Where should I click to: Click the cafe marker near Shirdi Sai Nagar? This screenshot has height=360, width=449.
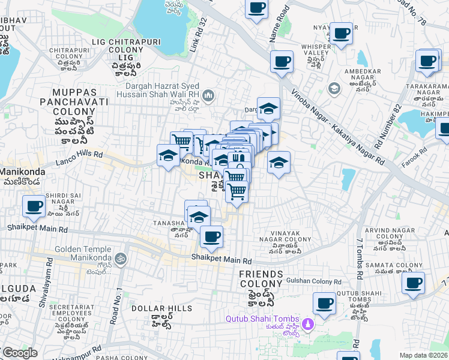(34, 207)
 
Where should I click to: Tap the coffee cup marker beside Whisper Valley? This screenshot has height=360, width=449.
(341, 34)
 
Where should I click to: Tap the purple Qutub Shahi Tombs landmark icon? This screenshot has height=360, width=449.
(308, 324)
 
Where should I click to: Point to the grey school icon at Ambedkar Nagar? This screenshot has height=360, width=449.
(334, 89)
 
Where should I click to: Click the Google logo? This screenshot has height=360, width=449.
(19, 353)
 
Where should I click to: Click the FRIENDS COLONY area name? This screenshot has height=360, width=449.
(261, 279)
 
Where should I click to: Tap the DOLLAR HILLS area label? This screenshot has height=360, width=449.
(153, 308)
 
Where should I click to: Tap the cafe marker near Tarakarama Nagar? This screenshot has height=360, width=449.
(427, 61)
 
